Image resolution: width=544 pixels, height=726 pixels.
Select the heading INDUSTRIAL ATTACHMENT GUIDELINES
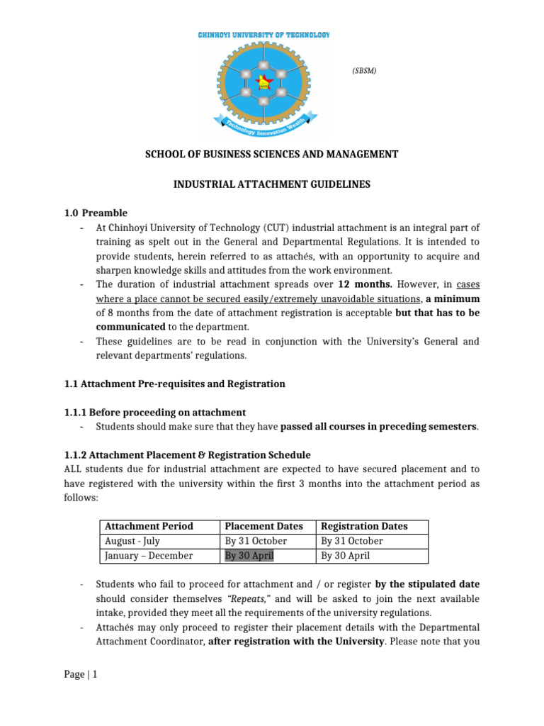tap(271, 184)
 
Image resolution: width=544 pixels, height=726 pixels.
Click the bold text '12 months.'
tap(344, 284)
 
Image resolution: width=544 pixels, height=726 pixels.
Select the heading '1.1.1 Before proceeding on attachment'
tap(155, 412)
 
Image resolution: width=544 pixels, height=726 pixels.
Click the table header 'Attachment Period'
tap(149, 526)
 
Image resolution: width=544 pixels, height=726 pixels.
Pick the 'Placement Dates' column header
tap(263, 526)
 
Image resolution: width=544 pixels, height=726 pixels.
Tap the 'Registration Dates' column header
tap(364, 526)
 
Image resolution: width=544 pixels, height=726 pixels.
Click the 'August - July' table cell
tap(132, 541)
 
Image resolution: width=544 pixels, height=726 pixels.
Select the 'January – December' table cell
tap(149, 556)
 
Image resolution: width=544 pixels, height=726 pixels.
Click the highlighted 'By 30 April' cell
tap(249, 556)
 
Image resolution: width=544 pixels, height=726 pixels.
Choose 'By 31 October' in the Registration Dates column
tap(352, 541)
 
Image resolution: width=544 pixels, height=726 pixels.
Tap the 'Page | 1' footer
tap(80, 675)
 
